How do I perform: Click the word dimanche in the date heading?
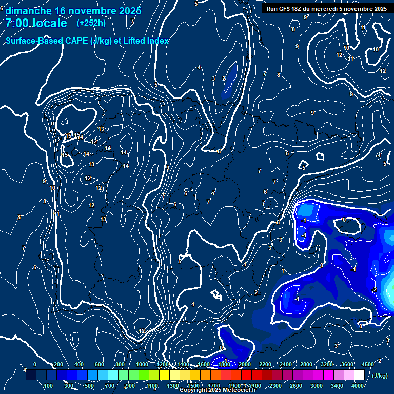[x=28, y=11]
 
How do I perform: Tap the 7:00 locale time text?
[x=36, y=23]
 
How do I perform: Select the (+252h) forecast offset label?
[x=91, y=23]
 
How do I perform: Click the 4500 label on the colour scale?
[x=368, y=364]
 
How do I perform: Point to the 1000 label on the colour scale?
[x=142, y=364]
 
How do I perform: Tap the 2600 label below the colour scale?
[x=296, y=386]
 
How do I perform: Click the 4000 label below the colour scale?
[x=358, y=386]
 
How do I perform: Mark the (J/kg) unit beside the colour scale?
[x=380, y=376]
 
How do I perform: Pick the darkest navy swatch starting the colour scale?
[x=31, y=376]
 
